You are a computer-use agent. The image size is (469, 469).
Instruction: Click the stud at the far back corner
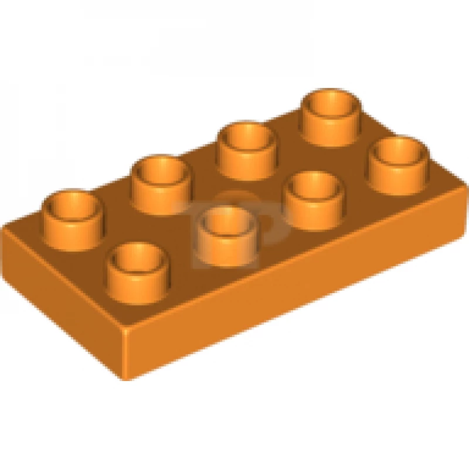point(331,115)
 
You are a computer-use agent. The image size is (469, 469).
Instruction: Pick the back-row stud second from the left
point(161,183)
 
